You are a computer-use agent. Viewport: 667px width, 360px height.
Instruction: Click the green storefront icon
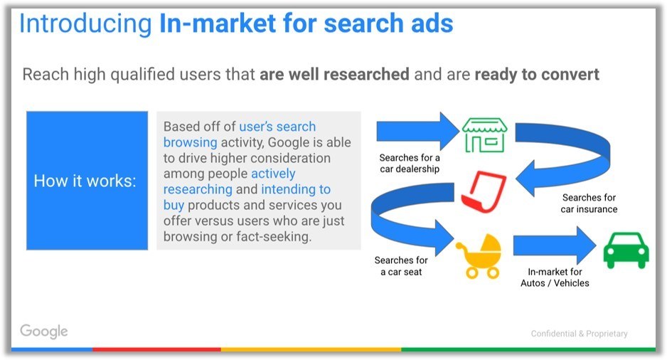click(x=484, y=135)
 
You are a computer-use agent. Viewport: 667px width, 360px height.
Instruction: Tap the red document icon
click(x=484, y=191)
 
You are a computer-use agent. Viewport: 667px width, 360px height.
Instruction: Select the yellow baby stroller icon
click(x=479, y=256)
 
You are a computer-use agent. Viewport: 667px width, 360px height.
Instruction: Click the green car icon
click(x=626, y=250)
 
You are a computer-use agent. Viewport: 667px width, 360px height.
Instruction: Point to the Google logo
click(x=44, y=332)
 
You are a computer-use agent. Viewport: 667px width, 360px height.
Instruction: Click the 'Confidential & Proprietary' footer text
click(x=579, y=334)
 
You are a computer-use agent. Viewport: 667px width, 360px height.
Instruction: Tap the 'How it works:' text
click(x=85, y=181)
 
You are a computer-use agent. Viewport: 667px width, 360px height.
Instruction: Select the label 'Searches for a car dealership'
click(x=410, y=164)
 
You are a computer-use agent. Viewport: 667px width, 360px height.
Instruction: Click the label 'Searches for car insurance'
click(x=589, y=203)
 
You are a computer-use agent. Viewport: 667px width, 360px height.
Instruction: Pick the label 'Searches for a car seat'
click(x=401, y=266)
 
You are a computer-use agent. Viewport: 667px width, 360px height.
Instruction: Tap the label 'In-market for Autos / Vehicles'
click(x=555, y=277)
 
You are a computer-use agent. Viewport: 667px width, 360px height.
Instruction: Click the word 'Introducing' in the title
click(x=85, y=23)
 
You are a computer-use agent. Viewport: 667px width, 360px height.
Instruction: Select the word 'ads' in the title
click(x=432, y=23)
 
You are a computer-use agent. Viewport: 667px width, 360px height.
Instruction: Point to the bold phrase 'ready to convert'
click(x=537, y=75)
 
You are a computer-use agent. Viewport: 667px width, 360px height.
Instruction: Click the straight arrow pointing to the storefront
click(x=417, y=131)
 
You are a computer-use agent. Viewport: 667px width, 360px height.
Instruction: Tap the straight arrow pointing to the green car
click(x=555, y=245)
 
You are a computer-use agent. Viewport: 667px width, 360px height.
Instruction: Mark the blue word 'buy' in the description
click(x=174, y=206)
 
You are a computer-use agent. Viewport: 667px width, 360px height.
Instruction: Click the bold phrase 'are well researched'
click(x=334, y=75)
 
